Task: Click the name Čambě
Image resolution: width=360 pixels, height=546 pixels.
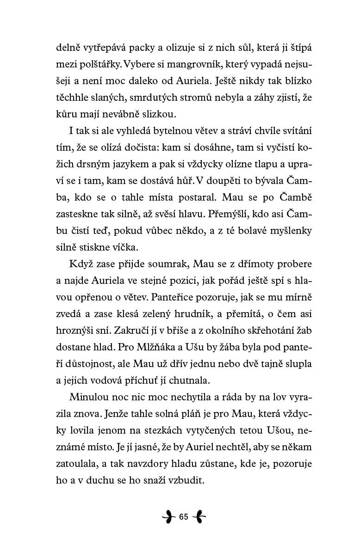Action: [x=286, y=197]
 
